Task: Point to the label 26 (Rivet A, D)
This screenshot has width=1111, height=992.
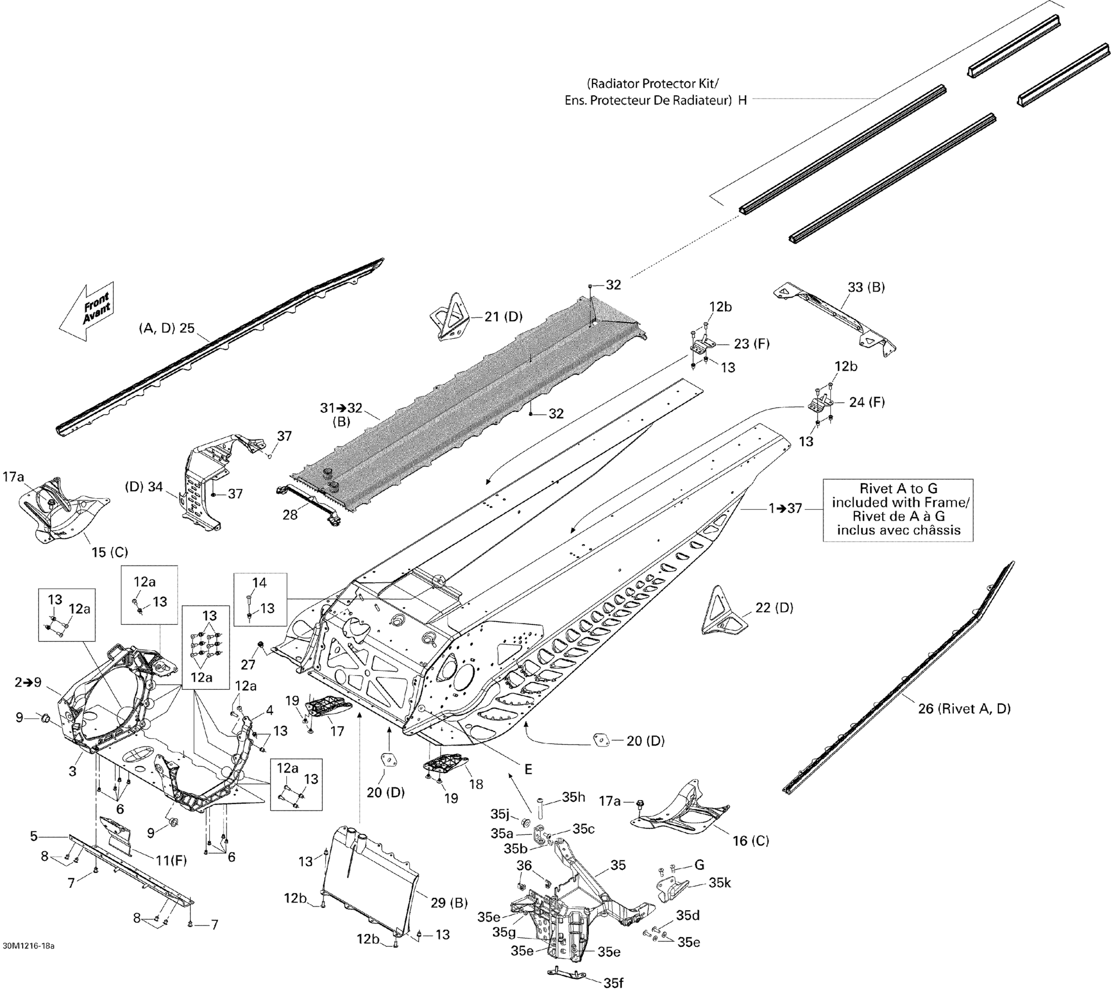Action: coord(964,709)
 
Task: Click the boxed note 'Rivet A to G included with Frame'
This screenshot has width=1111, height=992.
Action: coord(898,510)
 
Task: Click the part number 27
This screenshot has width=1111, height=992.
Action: coord(248,664)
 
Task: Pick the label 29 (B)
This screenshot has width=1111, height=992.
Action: coord(448,903)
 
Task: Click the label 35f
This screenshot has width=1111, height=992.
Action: coord(613,983)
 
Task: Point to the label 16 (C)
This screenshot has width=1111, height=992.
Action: coord(751,841)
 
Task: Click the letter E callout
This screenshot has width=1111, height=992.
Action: coord(528,769)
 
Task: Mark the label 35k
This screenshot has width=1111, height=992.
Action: coord(720,883)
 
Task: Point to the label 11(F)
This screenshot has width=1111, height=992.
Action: coord(171,861)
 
